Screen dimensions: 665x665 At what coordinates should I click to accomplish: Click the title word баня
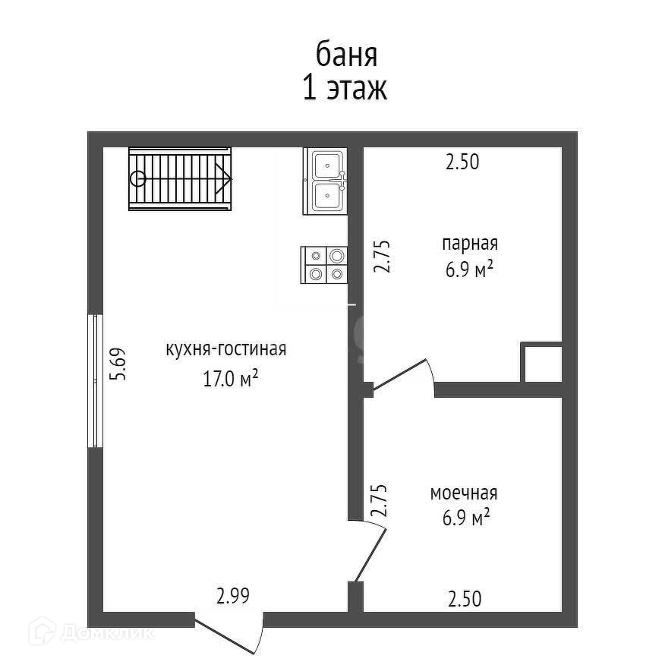[346, 55]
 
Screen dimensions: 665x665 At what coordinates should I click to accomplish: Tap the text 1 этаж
[345, 89]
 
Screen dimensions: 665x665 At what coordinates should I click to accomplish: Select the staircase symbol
[181, 179]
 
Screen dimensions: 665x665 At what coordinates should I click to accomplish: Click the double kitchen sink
[326, 181]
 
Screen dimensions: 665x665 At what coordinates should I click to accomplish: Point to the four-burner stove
[325, 265]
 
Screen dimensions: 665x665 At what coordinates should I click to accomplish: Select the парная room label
[469, 244]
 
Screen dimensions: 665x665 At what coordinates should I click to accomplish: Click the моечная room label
[464, 493]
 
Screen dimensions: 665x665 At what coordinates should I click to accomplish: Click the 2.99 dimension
[233, 597]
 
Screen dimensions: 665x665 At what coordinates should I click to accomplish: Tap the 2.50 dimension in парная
[462, 162]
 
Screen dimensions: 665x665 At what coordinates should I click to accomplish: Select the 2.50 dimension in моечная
[464, 600]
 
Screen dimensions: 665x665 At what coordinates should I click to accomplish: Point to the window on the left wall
[95, 381]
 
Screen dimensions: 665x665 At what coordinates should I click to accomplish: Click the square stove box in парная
[541, 364]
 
